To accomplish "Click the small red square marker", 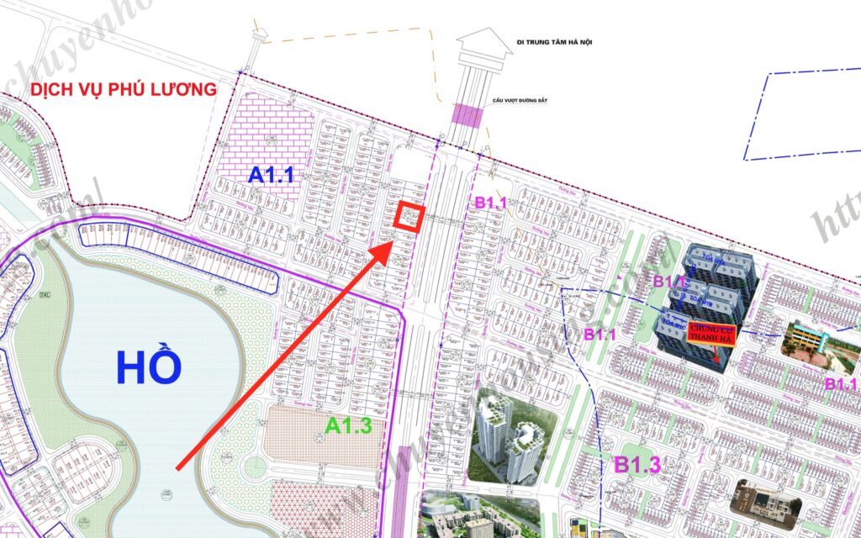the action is coord(409,218).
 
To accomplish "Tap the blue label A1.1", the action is coord(271,175).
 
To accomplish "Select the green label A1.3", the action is coord(348,426).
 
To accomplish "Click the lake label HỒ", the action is coord(149,367).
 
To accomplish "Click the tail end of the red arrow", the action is coord(177,467).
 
